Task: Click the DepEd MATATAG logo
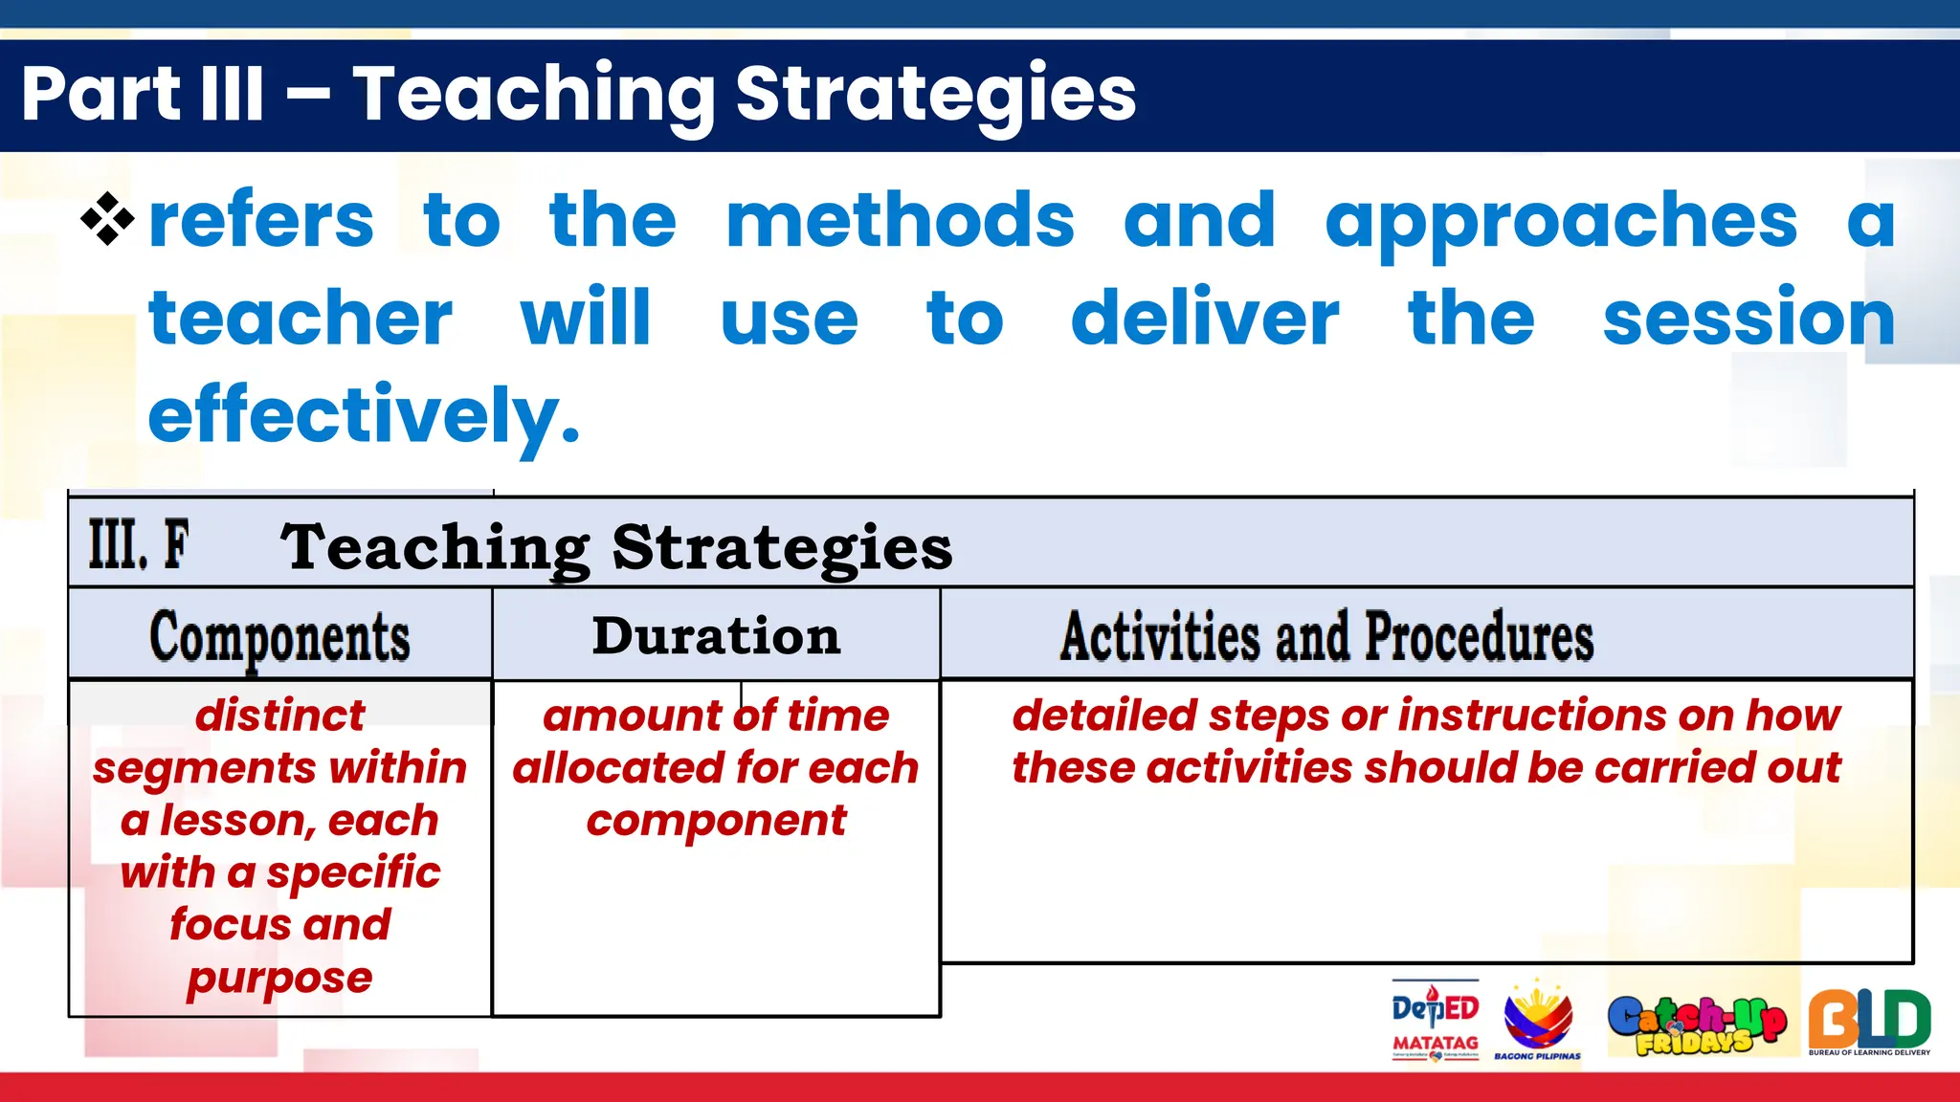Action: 1435,1021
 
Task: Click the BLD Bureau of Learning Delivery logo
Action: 1868,1022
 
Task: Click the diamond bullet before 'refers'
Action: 107,219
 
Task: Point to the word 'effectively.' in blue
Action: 364,415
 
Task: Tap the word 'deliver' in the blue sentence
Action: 1204,319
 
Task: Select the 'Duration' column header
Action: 716,636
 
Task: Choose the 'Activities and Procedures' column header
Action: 1326,636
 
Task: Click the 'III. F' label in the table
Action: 139,545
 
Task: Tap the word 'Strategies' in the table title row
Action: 782,548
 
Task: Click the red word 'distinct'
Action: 279,716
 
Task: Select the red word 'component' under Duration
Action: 716,821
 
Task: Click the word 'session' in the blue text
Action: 1748,319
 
